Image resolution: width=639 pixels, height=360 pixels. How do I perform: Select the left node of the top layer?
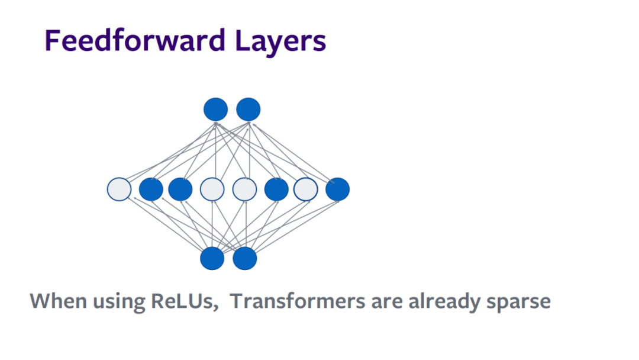coord(215,110)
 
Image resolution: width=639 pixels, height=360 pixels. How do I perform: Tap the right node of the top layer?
coord(248,110)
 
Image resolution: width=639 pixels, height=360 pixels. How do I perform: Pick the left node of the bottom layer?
coord(212,259)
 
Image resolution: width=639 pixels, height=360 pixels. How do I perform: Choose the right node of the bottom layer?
coord(245,259)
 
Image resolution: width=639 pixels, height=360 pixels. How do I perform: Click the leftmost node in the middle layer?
coord(119,189)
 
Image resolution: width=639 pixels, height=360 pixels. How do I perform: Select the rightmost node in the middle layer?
coord(337,189)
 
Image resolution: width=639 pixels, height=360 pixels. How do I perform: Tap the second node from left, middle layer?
coord(151,189)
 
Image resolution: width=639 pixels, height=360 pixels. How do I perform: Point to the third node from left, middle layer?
coord(180,189)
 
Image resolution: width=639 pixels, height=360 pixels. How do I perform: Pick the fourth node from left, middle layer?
coord(212,189)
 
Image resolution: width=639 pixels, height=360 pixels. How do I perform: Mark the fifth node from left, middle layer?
coord(244,189)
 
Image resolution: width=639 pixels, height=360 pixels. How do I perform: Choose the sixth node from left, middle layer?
coord(276,189)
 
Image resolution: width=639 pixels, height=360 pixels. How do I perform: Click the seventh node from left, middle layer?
coord(306,189)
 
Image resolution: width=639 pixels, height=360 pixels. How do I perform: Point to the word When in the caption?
coord(57,301)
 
